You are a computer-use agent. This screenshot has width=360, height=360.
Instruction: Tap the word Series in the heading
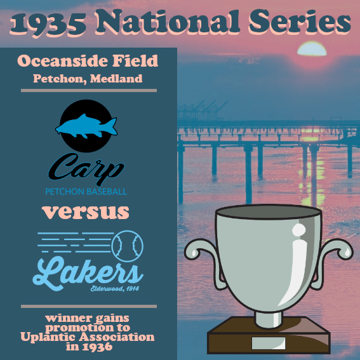pos(300,22)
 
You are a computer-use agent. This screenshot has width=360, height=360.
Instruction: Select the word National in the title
pos(168,22)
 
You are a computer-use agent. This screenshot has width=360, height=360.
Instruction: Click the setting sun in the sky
pos(312,49)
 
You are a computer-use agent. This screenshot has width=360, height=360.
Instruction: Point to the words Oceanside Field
pos(88,61)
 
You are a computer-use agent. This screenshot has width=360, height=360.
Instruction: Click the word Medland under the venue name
pos(116,79)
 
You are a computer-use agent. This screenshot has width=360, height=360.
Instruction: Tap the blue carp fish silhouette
pos(86,126)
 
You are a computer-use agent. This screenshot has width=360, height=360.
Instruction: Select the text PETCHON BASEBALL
pos(86,192)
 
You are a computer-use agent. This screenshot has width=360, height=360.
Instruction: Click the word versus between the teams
pos(86,213)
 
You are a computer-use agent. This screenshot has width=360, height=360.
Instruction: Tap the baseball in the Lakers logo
pos(127,246)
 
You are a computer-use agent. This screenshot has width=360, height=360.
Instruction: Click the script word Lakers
pos(88,272)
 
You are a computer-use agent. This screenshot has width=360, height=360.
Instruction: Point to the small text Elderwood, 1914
pos(115,288)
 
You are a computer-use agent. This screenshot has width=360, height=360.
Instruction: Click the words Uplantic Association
pos(88,337)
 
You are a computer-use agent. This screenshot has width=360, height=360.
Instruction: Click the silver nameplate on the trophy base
pos(269,343)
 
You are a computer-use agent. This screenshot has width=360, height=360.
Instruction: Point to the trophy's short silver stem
pos(268,319)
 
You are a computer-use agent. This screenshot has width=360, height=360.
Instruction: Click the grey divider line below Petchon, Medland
pos(89,90)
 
